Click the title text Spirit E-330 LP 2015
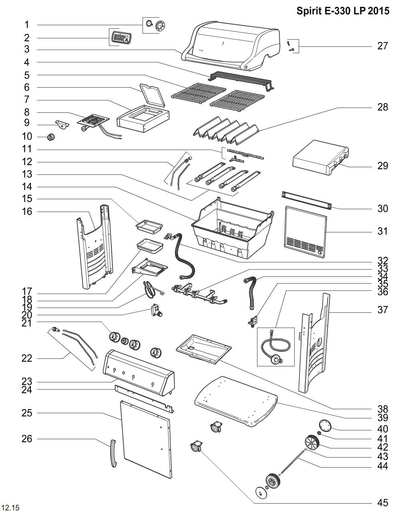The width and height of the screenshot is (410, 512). click(x=343, y=11)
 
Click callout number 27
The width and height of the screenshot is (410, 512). click(x=382, y=46)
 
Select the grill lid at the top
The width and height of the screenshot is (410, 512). click(x=232, y=46)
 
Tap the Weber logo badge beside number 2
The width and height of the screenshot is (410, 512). click(x=121, y=38)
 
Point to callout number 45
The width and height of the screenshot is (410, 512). click(x=382, y=503)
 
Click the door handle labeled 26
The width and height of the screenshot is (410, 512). click(x=113, y=453)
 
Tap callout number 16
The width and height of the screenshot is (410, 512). click(x=27, y=211)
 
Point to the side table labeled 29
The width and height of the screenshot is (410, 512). click(x=320, y=158)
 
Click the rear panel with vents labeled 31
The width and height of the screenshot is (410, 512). click(x=305, y=232)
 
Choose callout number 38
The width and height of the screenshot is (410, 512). click(x=382, y=409)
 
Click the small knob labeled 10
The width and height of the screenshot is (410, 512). click(x=50, y=137)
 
